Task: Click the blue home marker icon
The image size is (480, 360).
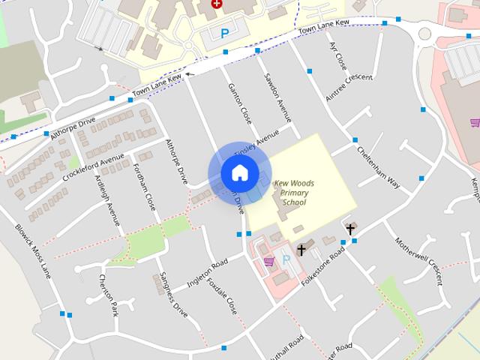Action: (x=239, y=173)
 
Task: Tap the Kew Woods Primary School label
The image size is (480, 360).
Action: (x=293, y=193)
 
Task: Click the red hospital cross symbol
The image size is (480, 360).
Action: (x=217, y=4)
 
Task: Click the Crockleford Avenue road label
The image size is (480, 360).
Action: (x=94, y=161)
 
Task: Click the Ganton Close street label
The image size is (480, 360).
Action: (x=240, y=103)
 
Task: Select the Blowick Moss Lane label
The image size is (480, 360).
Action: (x=33, y=250)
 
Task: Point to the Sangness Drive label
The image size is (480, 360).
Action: (x=174, y=295)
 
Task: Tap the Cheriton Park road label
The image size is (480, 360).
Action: (x=109, y=294)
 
